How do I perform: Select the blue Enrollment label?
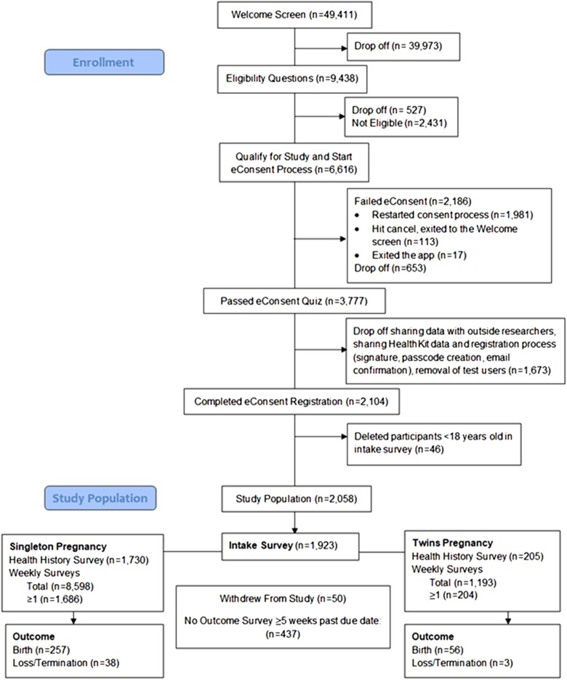102,62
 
